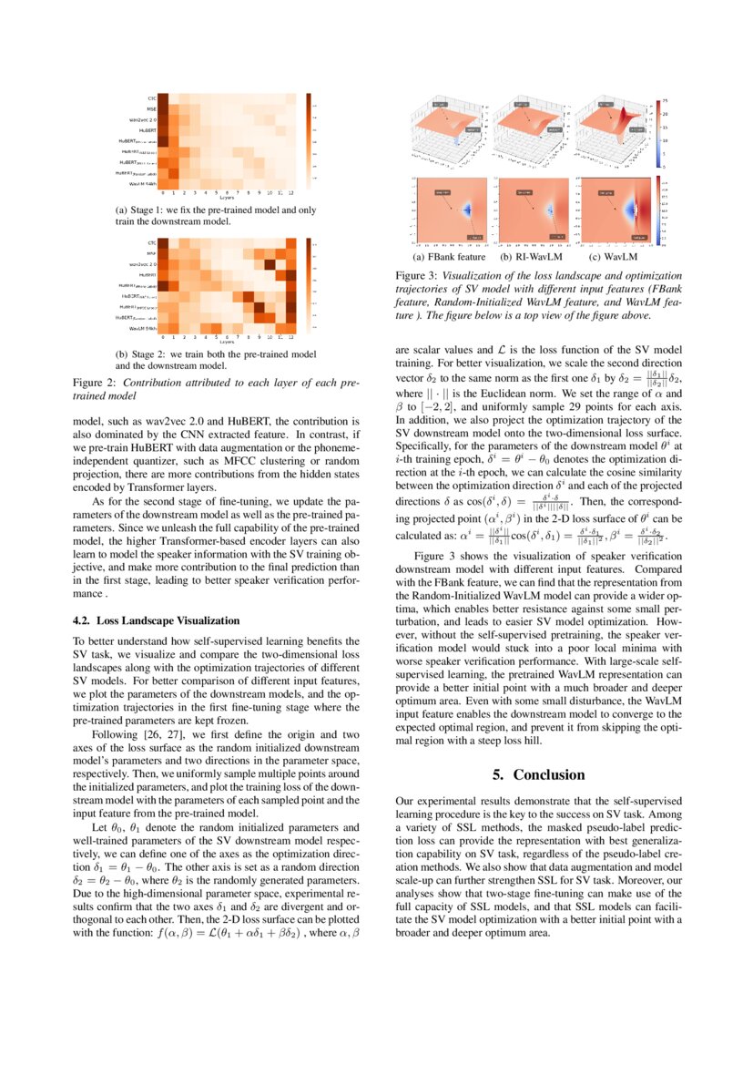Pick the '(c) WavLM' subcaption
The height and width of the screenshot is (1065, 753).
click(613, 257)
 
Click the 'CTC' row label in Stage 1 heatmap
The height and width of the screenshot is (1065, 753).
click(152, 97)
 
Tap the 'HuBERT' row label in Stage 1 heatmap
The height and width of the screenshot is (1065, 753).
click(147, 130)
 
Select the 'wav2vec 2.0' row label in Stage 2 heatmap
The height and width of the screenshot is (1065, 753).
click(142, 263)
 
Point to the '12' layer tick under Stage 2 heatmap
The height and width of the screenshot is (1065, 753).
click(290, 337)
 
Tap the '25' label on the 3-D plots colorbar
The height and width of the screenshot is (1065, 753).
click(665, 100)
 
